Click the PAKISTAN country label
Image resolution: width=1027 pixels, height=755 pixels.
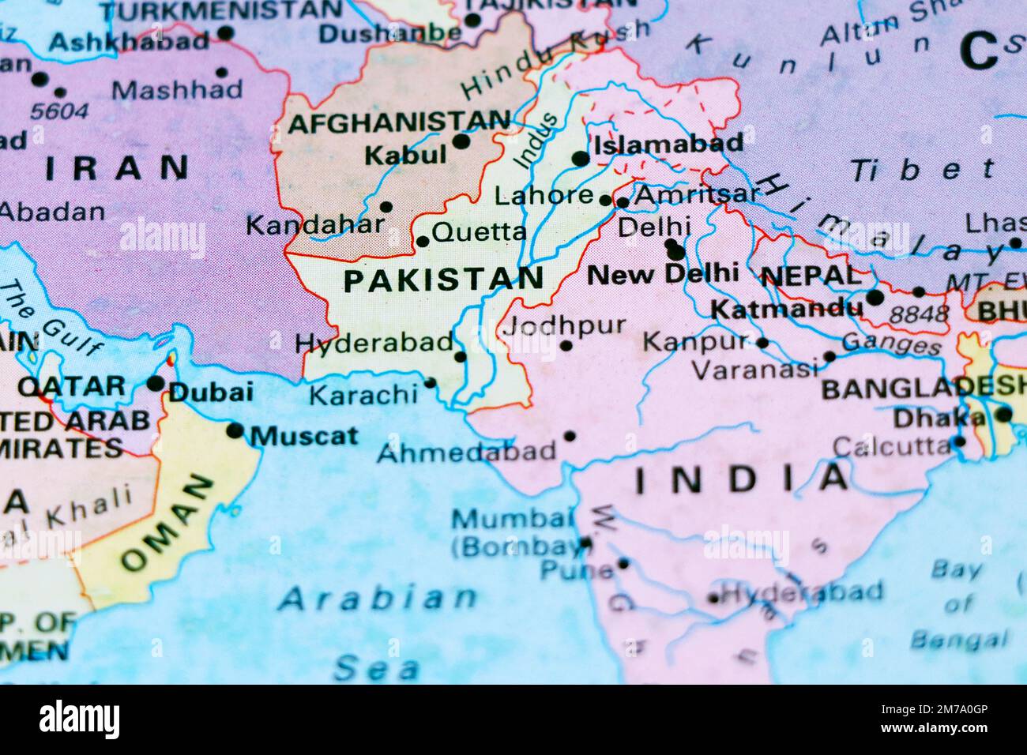point(443,279)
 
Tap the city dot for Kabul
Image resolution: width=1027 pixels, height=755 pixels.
point(461,142)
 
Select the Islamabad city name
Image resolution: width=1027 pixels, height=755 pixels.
point(668,144)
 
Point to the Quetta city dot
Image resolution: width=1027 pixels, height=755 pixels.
point(423,242)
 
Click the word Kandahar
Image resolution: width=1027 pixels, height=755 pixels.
point(314,226)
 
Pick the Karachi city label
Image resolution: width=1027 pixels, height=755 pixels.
point(363,394)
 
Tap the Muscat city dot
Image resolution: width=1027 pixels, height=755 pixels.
point(235,430)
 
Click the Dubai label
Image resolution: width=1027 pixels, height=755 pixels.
point(211,392)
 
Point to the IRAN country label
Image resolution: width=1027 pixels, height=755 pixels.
point(117,167)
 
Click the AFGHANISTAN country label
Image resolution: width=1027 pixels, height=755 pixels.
point(399,122)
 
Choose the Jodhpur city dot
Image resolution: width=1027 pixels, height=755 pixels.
point(566,345)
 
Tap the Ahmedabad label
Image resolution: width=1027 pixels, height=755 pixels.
point(467,452)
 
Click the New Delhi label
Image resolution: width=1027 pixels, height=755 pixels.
point(664,274)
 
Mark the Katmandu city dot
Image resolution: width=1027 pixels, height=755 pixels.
point(875,298)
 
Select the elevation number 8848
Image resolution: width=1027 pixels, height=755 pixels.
point(918,314)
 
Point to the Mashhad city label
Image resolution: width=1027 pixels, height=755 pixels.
point(177,90)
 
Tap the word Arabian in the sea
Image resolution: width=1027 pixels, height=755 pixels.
point(378,599)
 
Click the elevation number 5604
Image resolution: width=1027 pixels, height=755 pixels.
point(60,111)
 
